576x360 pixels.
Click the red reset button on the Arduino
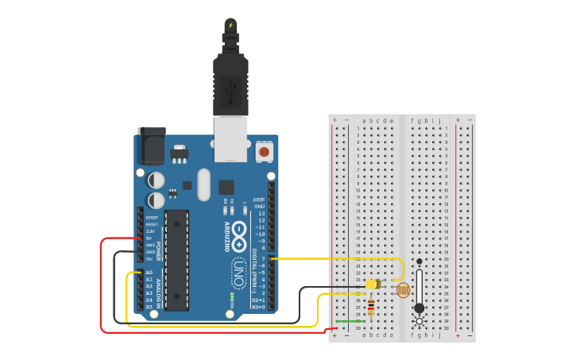(264, 149)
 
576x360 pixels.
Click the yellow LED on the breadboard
(372, 284)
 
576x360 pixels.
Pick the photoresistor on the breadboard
(403, 290)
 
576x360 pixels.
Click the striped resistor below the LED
(371, 307)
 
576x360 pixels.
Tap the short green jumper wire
(347, 321)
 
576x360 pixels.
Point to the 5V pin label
(149, 238)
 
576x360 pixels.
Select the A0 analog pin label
(149, 273)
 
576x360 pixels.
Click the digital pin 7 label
(262, 259)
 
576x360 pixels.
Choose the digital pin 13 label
(261, 213)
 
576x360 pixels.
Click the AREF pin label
(258, 199)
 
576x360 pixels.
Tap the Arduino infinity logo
(239, 244)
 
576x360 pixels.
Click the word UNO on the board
(238, 274)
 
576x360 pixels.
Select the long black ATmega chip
(176, 259)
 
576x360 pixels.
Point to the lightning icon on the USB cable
(230, 25)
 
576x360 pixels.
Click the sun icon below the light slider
(419, 322)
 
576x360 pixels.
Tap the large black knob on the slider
(419, 308)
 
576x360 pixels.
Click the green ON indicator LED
(231, 297)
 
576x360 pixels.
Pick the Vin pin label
(149, 259)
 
